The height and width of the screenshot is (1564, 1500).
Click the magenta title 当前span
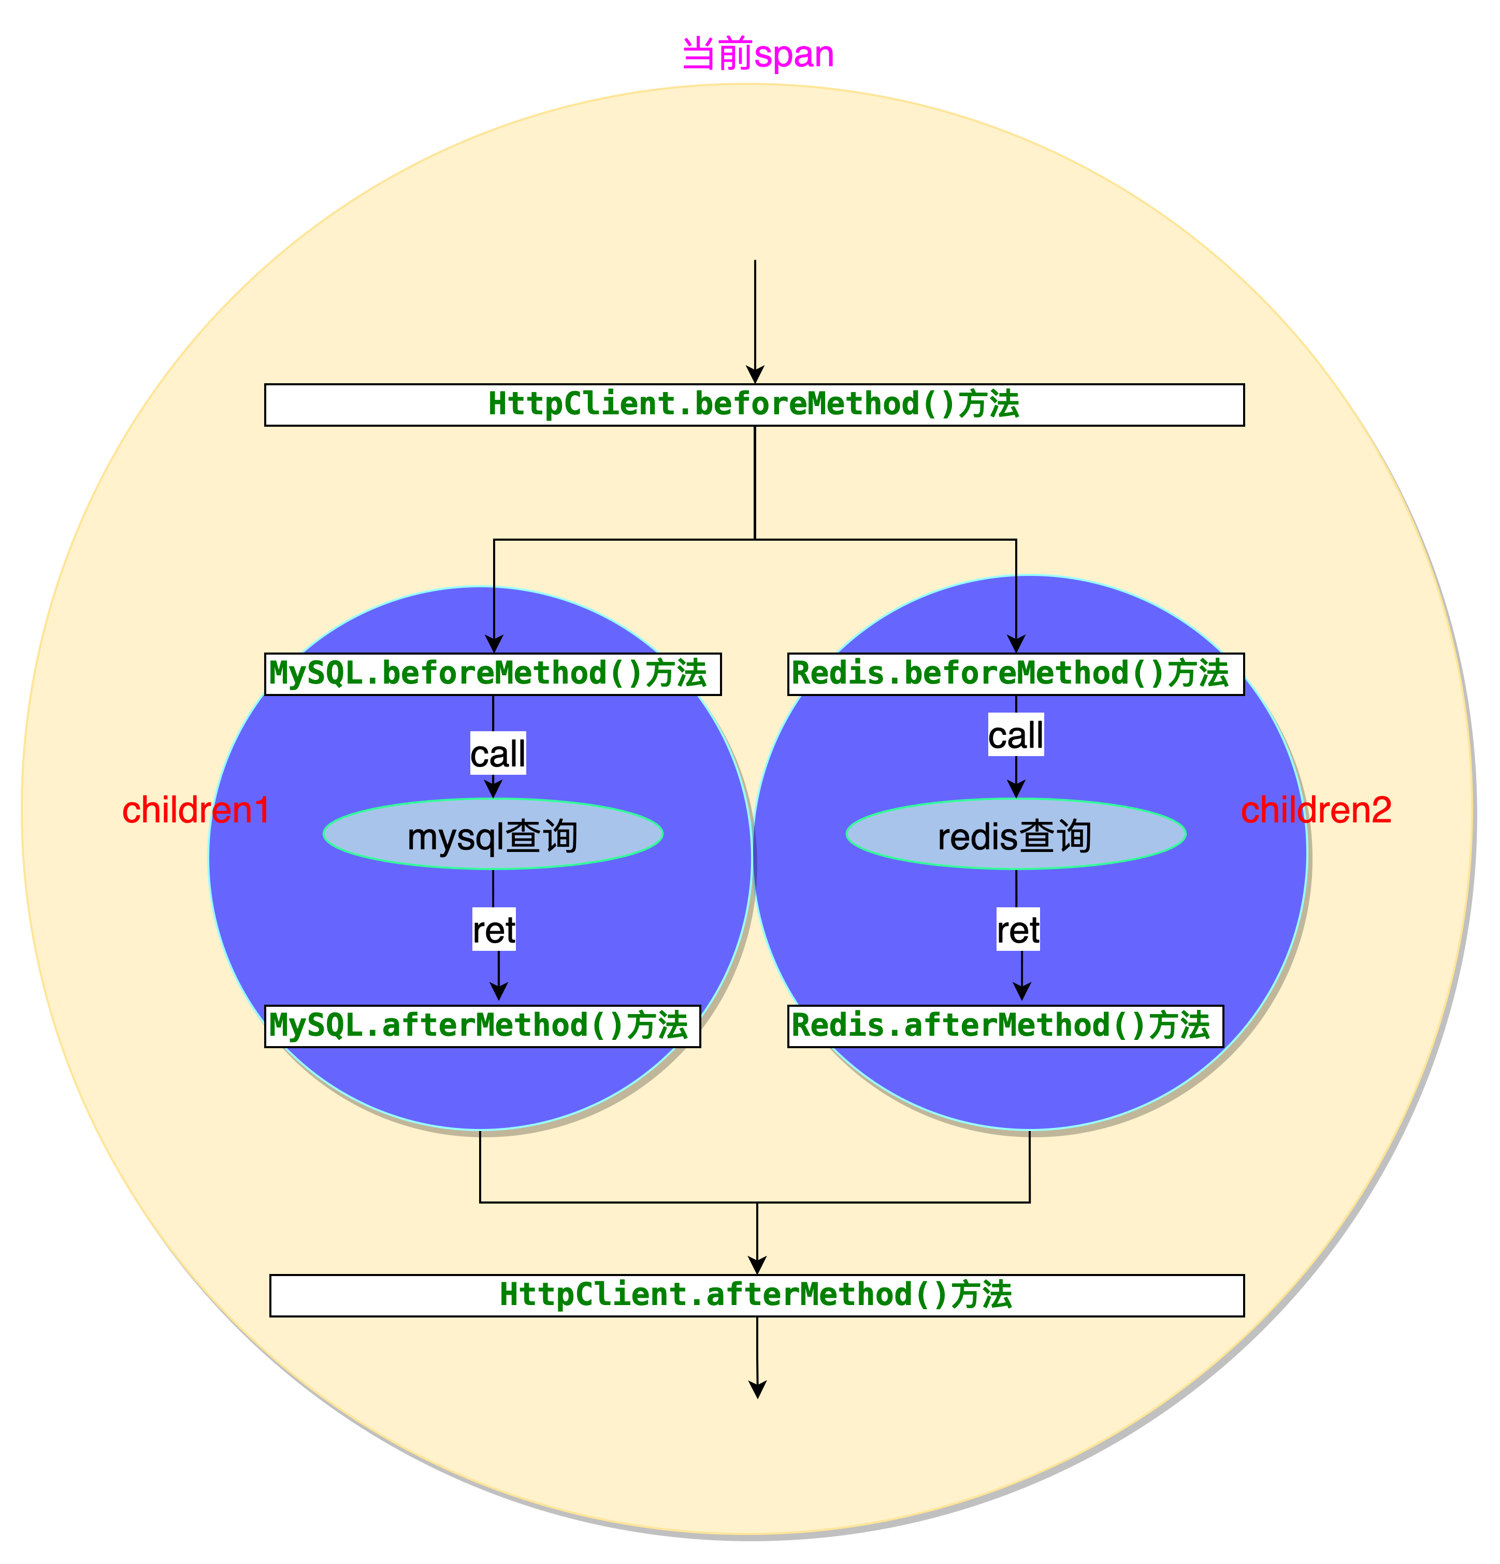[x=757, y=54]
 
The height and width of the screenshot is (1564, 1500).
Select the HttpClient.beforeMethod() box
[x=754, y=404]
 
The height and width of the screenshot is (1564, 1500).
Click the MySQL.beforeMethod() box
[x=492, y=673]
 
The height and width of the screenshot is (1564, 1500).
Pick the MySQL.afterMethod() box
[x=482, y=1025]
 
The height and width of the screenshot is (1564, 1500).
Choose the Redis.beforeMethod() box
[x=1015, y=673]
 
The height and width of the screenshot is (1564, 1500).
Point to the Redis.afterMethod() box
[x=1004, y=1025]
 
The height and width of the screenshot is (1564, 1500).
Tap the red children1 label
[x=195, y=810]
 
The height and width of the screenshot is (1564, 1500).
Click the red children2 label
[x=1316, y=810]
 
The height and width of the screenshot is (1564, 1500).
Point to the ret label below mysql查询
[x=494, y=930]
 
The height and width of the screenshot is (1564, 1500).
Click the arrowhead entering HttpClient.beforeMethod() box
[x=755, y=375]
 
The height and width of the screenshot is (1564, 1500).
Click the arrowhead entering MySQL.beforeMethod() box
[x=494, y=644]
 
